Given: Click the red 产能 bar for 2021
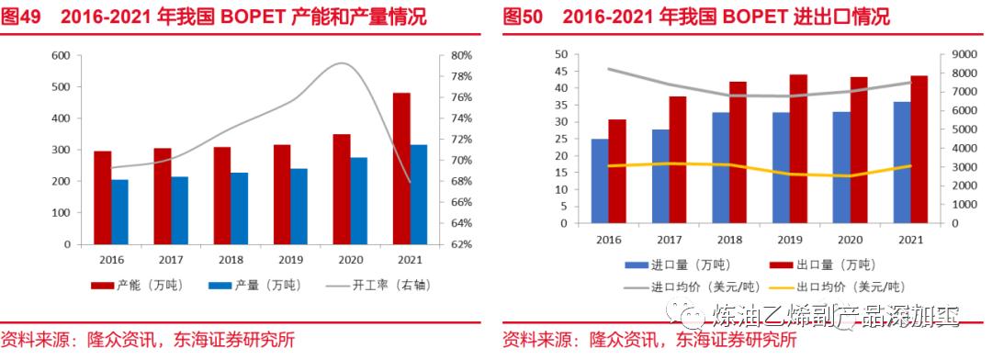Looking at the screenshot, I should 400,169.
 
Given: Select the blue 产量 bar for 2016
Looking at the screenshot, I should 120,212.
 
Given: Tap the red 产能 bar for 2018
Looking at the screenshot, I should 221,196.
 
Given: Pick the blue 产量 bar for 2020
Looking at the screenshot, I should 359,201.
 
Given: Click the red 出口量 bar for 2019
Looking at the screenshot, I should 798,149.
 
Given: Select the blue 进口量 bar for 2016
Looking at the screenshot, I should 600,181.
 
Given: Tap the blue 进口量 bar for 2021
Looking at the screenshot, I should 901,163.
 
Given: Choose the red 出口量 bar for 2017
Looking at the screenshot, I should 678,160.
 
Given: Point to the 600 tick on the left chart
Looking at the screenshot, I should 61,55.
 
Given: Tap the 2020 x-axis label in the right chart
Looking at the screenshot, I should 850,240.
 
